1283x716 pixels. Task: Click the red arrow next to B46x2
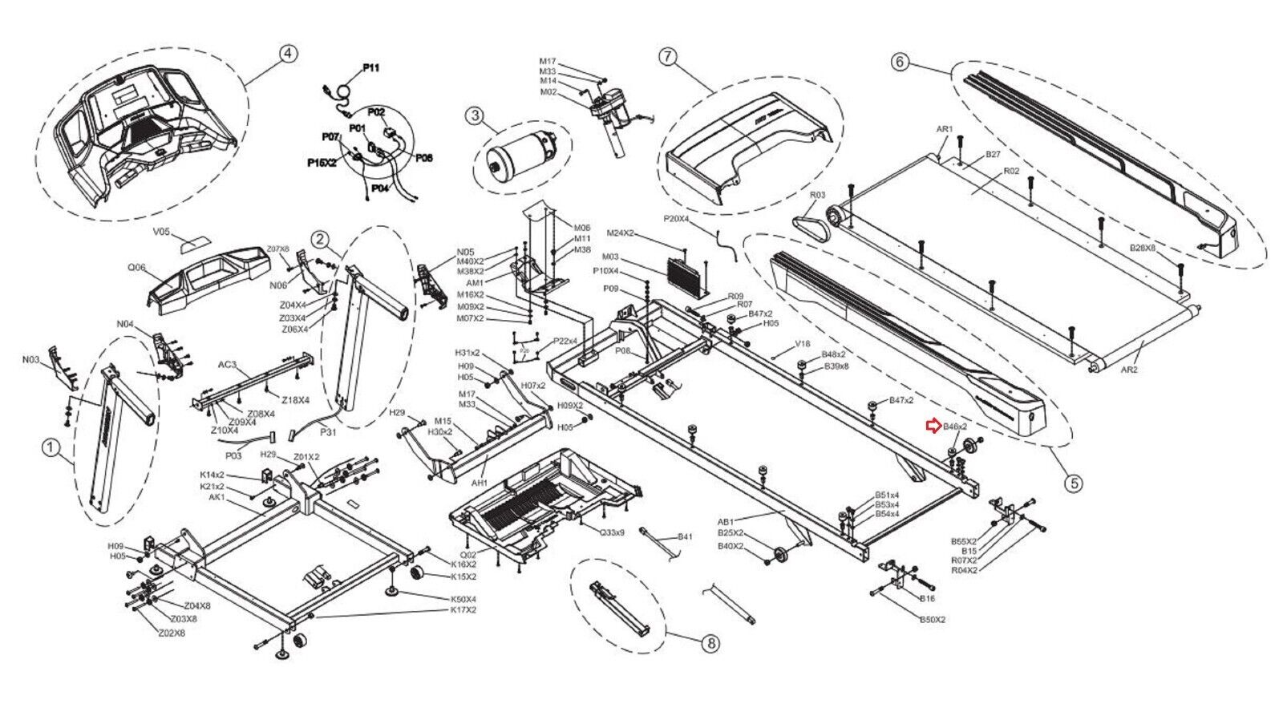(x=933, y=426)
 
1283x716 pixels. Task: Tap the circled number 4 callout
(x=288, y=53)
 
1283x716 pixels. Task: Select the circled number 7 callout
(x=669, y=56)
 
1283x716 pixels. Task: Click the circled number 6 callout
(x=900, y=61)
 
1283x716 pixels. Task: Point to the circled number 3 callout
(x=476, y=116)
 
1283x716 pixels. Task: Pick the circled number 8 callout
(x=710, y=642)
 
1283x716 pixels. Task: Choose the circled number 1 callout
(x=51, y=449)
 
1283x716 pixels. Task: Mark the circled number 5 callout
(x=1072, y=483)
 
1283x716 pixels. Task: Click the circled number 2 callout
(x=319, y=238)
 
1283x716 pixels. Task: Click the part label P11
(x=370, y=69)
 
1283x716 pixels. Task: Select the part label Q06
(x=138, y=269)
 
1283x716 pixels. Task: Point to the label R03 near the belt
(x=817, y=195)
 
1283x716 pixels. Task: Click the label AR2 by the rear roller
(x=1127, y=370)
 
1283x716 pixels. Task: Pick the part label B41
(x=685, y=536)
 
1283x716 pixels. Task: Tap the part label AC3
(x=228, y=365)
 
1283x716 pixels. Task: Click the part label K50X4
(x=463, y=599)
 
